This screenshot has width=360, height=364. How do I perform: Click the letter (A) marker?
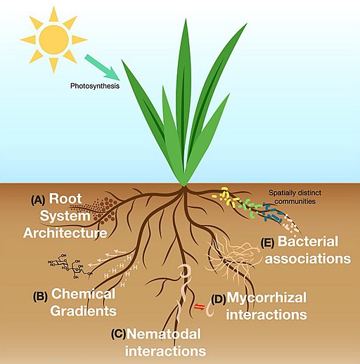38,200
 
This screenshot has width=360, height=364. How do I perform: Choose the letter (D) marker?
219,299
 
